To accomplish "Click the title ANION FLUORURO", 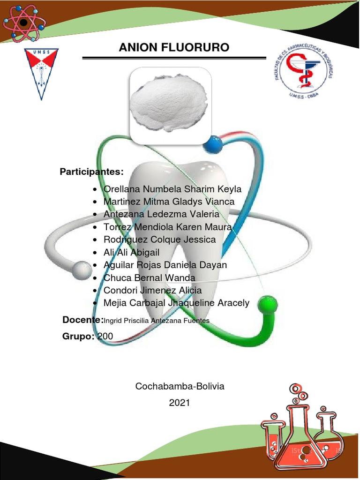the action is pyautogui.click(x=174, y=48).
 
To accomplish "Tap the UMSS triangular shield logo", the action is pyautogui.click(x=41, y=73).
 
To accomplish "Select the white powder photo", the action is pyautogui.click(x=170, y=104).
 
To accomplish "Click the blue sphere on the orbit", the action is pyautogui.click(x=213, y=144).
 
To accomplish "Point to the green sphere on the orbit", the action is pyautogui.click(x=268, y=305).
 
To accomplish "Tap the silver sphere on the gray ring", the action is pyautogui.click(x=82, y=270).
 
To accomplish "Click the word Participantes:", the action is pyautogui.click(x=92, y=172).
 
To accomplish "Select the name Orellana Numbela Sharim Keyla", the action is pyautogui.click(x=172, y=189).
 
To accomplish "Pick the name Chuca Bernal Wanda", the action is pyautogui.click(x=149, y=278).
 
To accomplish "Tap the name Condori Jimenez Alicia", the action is pyautogui.click(x=152, y=291).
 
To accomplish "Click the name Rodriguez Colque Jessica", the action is pyautogui.click(x=159, y=240).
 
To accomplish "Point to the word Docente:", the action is pyautogui.click(x=83, y=320).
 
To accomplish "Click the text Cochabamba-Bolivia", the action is pyautogui.click(x=180, y=387).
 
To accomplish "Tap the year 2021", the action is pyautogui.click(x=180, y=403).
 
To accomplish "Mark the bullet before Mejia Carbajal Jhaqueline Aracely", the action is pyautogui.click(x=96, y=304).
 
